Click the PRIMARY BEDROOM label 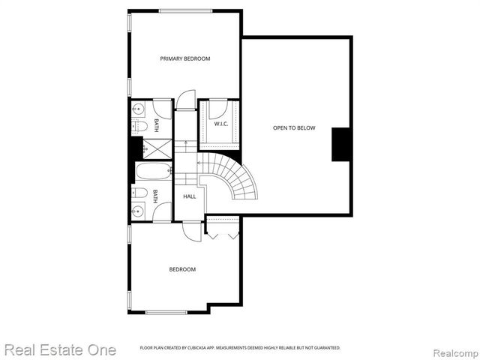(x=184, y=58)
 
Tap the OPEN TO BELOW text (x=293, y=128)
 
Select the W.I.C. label (x=220, y=124)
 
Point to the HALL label (x=190, y=196)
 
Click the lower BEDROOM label (x=182, y=269)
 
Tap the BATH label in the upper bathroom (x=157, y=124)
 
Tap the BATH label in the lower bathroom (x=156, y=196)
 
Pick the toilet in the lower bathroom (x=139, y=193)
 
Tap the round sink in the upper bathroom (x=137, y=110)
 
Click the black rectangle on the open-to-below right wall (x=341, y=144)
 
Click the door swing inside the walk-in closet (x=218, y=109)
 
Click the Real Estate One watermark (x=60, y=349)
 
